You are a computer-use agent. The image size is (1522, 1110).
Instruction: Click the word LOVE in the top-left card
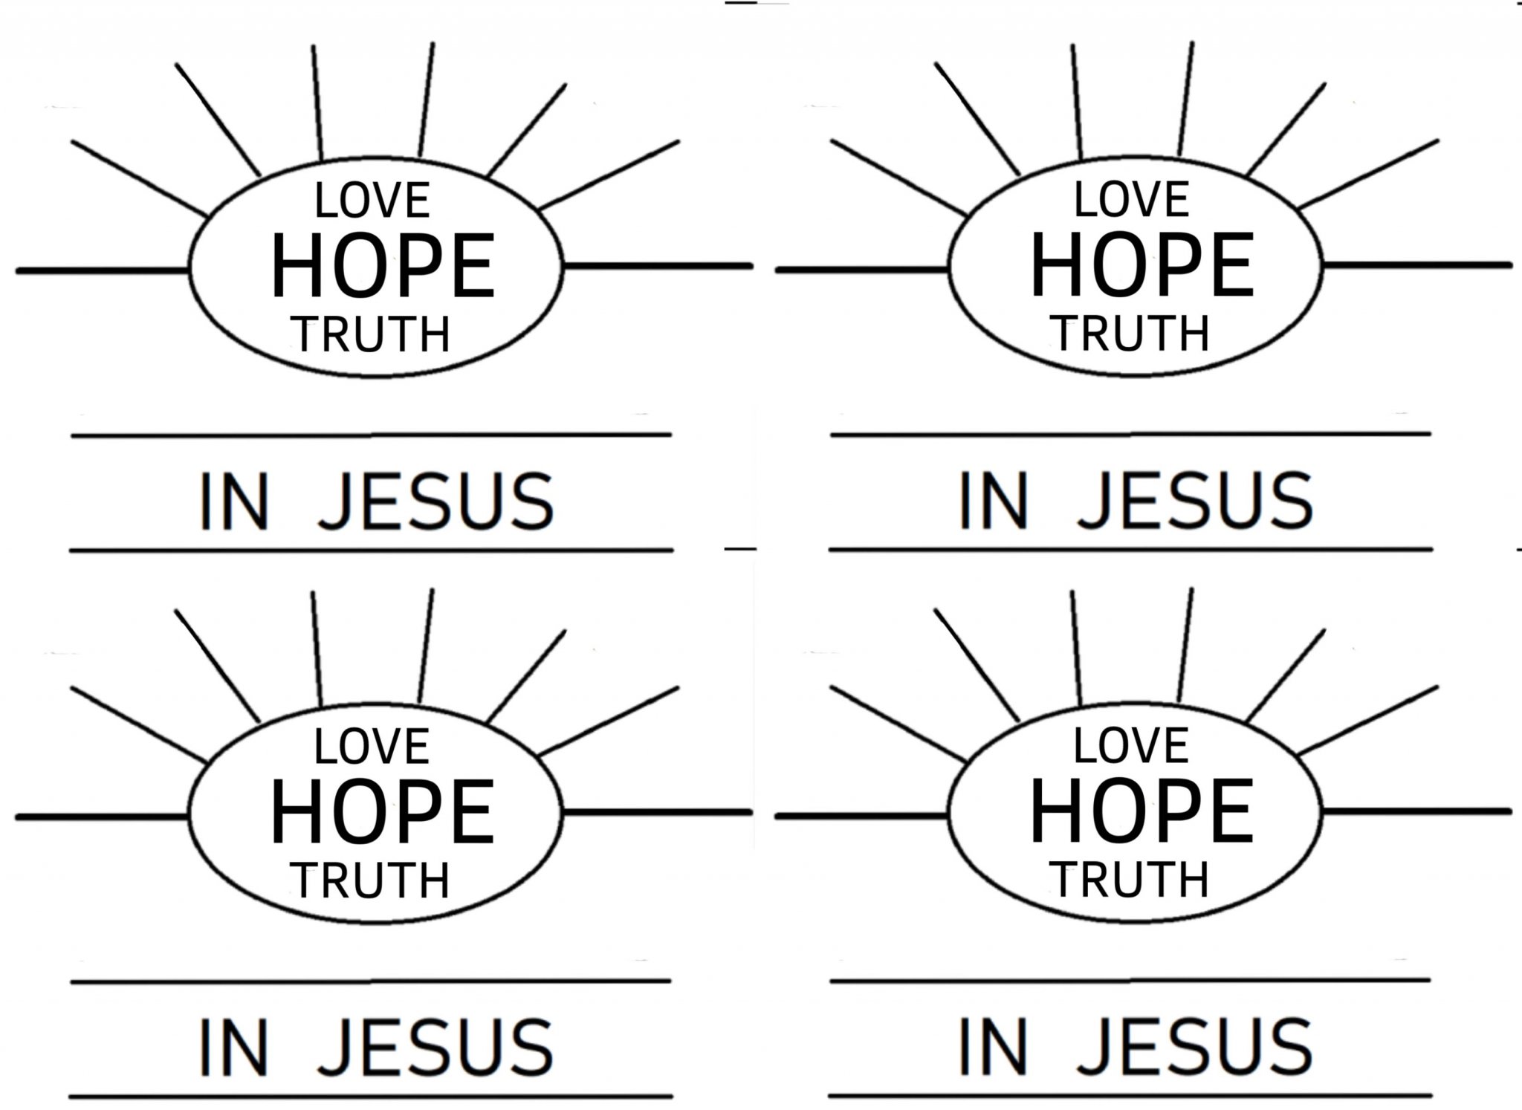(x=372, y=201)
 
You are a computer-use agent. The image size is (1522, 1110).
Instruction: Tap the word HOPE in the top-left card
(x=382, y=266)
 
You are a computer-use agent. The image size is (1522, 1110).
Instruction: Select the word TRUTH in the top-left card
(x=371, y=334)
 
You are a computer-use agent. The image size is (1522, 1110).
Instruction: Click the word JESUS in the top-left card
(x=436, y=502)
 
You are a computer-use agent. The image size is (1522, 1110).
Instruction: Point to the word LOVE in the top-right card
(x=1132, y=200)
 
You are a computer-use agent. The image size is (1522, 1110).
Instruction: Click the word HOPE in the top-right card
(x=1142, y=264)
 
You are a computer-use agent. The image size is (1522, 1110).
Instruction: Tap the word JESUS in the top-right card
(x=1196, y=502)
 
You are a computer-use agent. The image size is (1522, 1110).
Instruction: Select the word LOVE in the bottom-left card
(x=372, y=747)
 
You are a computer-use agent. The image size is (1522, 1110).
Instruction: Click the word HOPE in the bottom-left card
(x=382, y=812)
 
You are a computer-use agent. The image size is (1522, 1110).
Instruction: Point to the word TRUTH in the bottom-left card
(x=370, y=880)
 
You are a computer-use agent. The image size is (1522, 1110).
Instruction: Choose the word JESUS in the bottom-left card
(x=435, y=1048)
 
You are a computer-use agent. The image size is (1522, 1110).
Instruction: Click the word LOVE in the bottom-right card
(x=1131, y=746)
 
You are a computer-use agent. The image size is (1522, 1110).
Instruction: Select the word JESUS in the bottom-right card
(x=1195, y=1048)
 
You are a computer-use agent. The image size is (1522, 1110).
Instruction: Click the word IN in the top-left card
(x=234, y=502)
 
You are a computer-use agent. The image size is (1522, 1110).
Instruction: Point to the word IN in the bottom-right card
(x=993, y=1048)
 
